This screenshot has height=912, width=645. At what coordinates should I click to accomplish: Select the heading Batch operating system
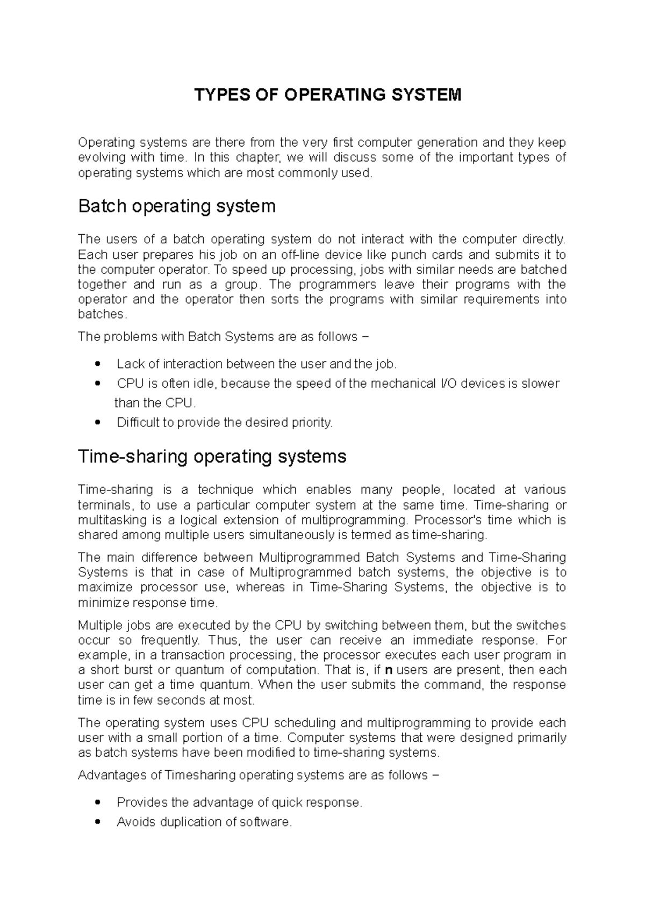(x=177, y=206)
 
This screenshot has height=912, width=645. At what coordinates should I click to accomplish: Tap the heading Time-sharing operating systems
(x=212, y=457)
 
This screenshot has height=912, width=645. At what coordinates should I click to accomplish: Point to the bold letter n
(x=390, y=670)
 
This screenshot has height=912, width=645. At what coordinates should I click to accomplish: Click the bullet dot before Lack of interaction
(x=97, y=364)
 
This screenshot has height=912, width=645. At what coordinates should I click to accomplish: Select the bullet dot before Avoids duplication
(x=97, y=822)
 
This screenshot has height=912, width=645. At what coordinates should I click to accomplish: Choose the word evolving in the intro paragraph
(x=102, y=158)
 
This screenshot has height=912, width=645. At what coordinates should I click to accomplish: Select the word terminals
(x=104, y=505)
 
